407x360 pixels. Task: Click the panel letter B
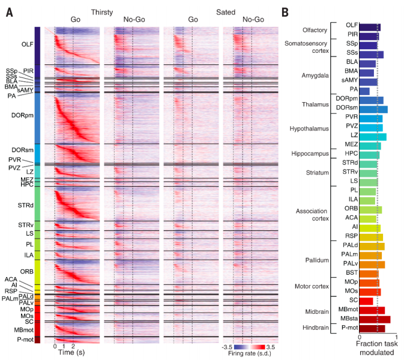[286, 12]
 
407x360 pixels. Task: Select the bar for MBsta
[375, 319]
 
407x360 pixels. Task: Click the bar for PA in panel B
[364, 91]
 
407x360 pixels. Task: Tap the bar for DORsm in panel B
[373, 109]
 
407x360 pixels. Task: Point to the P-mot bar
[372, 328]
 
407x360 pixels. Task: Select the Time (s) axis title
[71, 353]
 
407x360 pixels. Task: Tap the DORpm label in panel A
[22, 115]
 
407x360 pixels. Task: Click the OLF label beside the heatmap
[27, 44]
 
